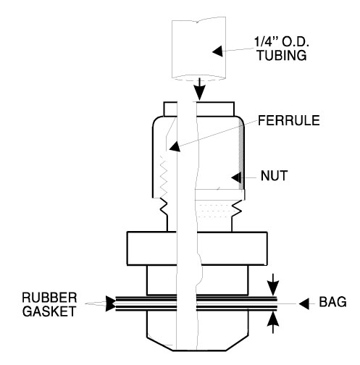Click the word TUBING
pyautogui.click(x=282, y=55)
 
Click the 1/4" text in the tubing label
pyautogui.click(x=266, y=42)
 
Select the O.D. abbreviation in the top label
pyautogui.click(x=296, y=42)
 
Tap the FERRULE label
pyautogui.click(x=289, y=120)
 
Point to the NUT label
pyautogui.click(x=274, y=175)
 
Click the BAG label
pyautogui.click(x=332, y=302)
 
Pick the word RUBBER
pyautogui.click(x=49, y=298)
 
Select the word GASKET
pyautogui.click(x=49, y=311)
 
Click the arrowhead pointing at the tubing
pyautogui.click(x=217, y=51)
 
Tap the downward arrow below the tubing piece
pyautogui.click(x=200, y=89)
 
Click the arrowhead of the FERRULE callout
pyautogui.click(x=175, y=146)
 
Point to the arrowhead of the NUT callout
pyautogui.click(x=236, y=177)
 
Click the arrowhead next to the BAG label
pyautogui.click(x=304, y=303)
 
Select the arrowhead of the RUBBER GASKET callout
pyautogui.click(x=111, y=303)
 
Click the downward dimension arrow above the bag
pyautogui.click(x=273, y=285)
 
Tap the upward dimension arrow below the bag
pyautogui.click(x=273, y=322)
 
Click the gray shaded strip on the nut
pyautogui.click(x=240, y=155)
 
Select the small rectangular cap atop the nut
pyautogui.click(x=198, y=109)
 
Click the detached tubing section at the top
pyautogui.click(x=198, y=49)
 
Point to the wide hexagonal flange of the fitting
pyautogui.click(x=197, y=248)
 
